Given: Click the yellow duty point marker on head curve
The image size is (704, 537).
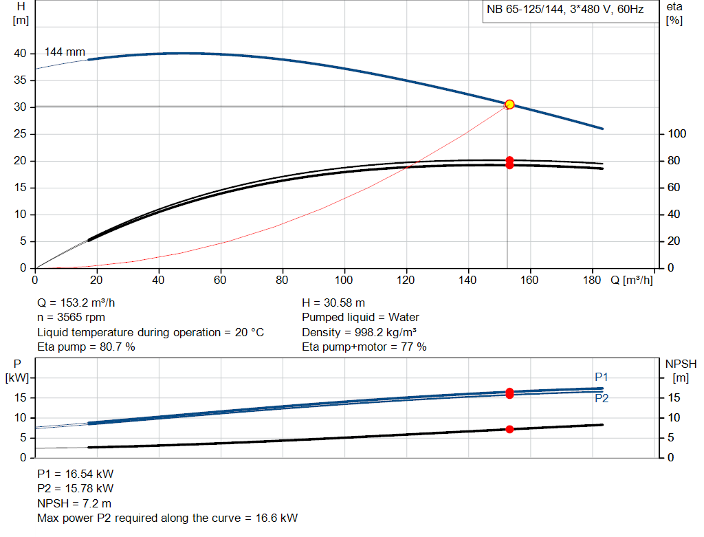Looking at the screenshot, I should click(509, 105).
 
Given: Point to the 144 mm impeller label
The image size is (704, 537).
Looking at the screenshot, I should click(65, 52).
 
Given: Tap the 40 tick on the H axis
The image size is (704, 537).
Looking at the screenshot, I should click(19, 54).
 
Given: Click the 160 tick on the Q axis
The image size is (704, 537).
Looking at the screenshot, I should click(529, 280).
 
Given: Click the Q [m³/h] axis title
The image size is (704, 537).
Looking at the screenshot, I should click(632, 280).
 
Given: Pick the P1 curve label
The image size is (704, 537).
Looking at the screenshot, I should click(602, 377).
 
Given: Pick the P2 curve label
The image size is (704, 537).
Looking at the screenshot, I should click(602, 398).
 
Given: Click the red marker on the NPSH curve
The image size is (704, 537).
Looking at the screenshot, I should click(509, 429).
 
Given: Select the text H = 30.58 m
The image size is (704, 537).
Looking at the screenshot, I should click(333, 303).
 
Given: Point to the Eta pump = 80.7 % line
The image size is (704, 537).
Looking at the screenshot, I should click(86, 347).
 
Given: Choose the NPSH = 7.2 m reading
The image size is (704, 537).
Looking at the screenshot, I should click(74, 503).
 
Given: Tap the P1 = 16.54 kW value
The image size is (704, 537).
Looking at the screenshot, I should click(76, 474).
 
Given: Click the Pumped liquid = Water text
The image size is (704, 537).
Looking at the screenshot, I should click(360, 318).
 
